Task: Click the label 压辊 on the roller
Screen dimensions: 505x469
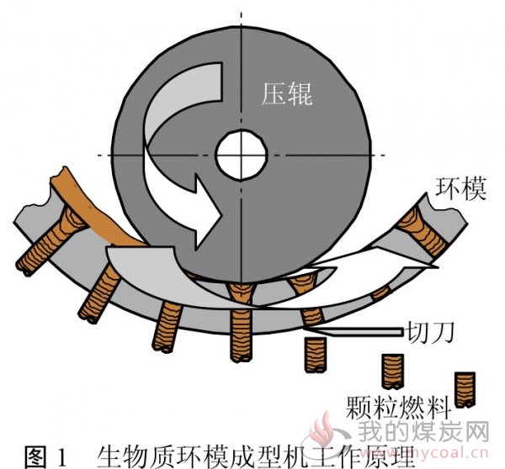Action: point(286,94)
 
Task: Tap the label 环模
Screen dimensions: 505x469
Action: point(460,188)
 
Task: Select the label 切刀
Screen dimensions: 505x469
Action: point(430,332)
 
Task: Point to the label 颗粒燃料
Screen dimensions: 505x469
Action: point(398,408)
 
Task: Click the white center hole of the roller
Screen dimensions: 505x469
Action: point(242,155)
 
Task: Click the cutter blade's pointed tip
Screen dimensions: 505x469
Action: point(306,329)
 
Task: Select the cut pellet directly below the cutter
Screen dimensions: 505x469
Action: point(316,355)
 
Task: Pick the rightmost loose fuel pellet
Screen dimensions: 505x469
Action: point(465,389)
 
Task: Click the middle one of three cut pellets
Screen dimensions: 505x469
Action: point(392,372)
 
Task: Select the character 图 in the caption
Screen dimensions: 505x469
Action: point(35,456)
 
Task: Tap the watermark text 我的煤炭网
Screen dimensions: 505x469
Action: point(423,432)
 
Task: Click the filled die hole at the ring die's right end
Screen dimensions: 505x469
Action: point(422,229)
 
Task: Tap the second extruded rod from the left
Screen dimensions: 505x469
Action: point(99,294)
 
